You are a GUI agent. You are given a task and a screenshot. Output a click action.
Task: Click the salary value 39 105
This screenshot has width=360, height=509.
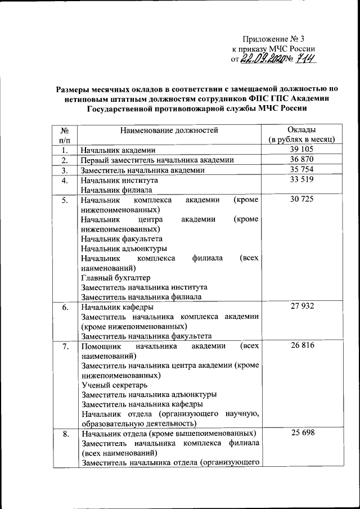pyautogui.click(x=301, y=149)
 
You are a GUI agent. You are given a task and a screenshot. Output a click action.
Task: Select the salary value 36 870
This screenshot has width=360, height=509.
pyautogui.click(x=301, y=160)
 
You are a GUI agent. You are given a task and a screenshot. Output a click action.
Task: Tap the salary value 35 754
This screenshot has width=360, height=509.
pyautogui.click(x=301, y=170)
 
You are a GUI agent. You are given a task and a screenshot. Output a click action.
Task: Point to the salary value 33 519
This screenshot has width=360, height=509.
pyautogui.click(x=301, y=180)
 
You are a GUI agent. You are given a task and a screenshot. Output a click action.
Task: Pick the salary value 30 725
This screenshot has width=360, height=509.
pyautogui.click(x=301, y=200)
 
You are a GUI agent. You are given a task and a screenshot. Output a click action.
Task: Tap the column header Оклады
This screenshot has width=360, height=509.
pyautogui.click(x=301, y=129)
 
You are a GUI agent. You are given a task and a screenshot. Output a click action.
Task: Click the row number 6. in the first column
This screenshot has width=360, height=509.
pyautogui.click(x=65, y=307)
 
